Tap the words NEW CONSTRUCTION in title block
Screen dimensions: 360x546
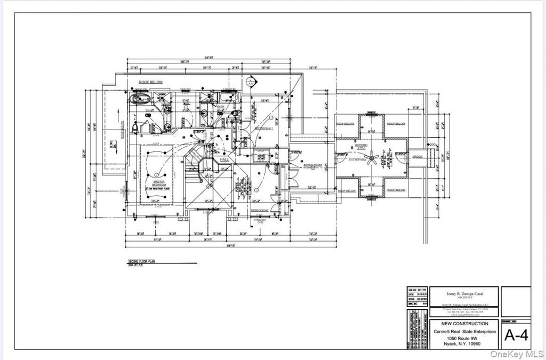pos(463,324)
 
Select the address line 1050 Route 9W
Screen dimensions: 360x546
pos(463,339)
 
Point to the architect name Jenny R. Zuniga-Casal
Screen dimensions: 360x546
pos(463,293)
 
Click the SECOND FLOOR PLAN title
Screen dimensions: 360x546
pos(141,262)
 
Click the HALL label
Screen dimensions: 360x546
pos(224,159)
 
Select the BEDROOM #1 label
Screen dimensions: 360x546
pos(263,129)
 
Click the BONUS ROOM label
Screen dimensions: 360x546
pos(313,165)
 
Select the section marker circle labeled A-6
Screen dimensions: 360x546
pos(250,83)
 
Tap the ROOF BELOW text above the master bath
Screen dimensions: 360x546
pos(150,82)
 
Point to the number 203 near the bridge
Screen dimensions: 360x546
pos(432,145)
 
